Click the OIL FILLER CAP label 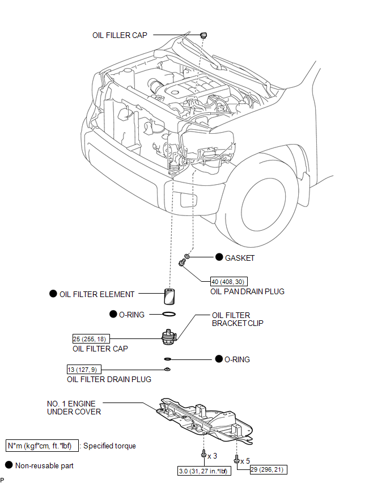120,35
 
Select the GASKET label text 240,258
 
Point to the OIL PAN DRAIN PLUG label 247,291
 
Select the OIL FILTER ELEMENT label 97,294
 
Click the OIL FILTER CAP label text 97,349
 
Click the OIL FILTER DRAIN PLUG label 109,379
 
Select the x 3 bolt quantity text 213,456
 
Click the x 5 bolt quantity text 245,460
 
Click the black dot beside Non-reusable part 9,465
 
